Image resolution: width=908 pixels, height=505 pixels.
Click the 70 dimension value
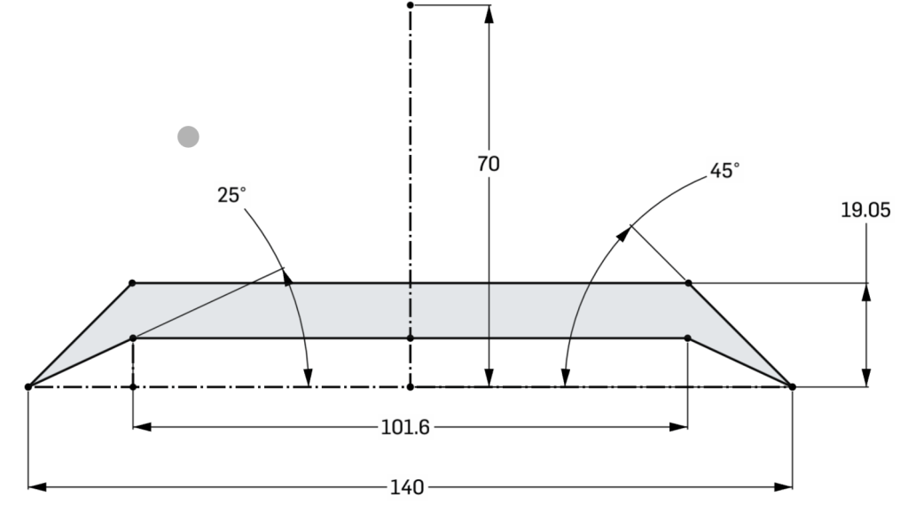[488, 164]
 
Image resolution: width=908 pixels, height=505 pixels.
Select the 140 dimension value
[407, 486]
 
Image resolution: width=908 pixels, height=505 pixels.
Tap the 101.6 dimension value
[405, 427]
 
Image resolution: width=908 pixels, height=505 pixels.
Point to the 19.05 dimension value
[865, 210]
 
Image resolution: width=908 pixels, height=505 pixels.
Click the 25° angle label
[231, 195]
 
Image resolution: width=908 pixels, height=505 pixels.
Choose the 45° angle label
[724, 171]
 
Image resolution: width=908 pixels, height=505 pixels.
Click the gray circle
[188, 136]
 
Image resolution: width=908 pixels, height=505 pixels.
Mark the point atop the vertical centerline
[410, 5]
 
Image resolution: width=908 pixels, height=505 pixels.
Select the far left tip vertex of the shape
[28, 386]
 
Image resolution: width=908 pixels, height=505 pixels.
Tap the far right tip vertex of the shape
[792, 386]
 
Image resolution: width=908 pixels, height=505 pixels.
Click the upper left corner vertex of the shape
[132, 283]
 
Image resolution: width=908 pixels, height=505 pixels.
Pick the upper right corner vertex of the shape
[688, 283]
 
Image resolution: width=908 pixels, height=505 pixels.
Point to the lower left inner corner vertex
[132, 338]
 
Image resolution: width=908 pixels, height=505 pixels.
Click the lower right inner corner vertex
[688, 338]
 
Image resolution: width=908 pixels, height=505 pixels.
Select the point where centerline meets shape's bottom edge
[410, 338]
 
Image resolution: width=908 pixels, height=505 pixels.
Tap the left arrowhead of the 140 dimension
[35, 486]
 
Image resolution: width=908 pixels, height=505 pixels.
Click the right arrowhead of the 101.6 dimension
[682, 427]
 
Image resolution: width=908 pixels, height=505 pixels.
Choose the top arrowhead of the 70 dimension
[488, 12]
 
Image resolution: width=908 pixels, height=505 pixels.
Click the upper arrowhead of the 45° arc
[626, 232]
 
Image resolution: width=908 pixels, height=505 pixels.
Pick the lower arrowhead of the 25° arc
[308, 380]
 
